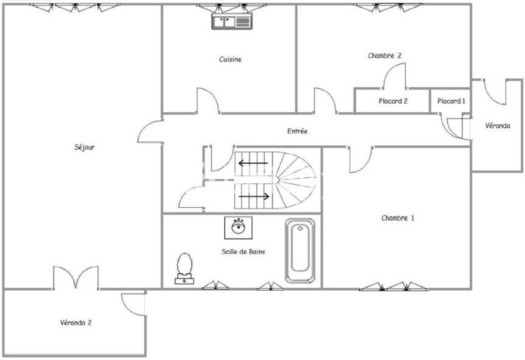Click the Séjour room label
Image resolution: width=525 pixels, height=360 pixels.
pyautogui.click(x=84, y=147)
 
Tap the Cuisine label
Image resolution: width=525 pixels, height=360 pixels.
pyautogui.click(x=230, y=60)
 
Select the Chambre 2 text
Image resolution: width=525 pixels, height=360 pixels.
pyautogui.click(x=385, y=56)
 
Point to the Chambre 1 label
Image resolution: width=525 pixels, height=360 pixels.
pyautogui.click(x=398, y=218)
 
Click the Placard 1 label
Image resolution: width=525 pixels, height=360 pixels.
pyautogui.click(x=451, y=101)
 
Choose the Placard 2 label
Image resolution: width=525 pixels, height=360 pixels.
pyautogui.click(x=393, y=101)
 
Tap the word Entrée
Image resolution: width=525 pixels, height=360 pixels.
pyautogui.click(x=297, y=131)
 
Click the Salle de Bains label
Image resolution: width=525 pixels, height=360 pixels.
pyautogui.click(x=243, y=251)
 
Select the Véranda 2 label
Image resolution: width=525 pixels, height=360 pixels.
pyautogui.click(x=76, y=323)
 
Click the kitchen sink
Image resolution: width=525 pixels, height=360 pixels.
pyautogui.click(x=232, y=22)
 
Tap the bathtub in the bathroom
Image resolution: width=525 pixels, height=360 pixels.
pyautogui.click(x=300, y=251)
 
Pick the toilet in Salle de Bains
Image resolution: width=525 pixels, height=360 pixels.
pyautogui.click(x=185, y=269)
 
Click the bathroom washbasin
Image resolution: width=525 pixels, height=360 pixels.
pyautogui.click(x=238, y=228)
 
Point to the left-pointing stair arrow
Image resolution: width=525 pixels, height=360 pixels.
pyautogui.click(x=253, y=163)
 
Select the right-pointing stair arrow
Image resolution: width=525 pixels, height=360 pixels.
pyautogui.click(x=254, y=196)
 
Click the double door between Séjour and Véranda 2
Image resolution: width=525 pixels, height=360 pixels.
pyautogui.click(x=76, y=277)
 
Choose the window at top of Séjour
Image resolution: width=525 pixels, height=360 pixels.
pyautogui.click(x=74, y=7)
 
